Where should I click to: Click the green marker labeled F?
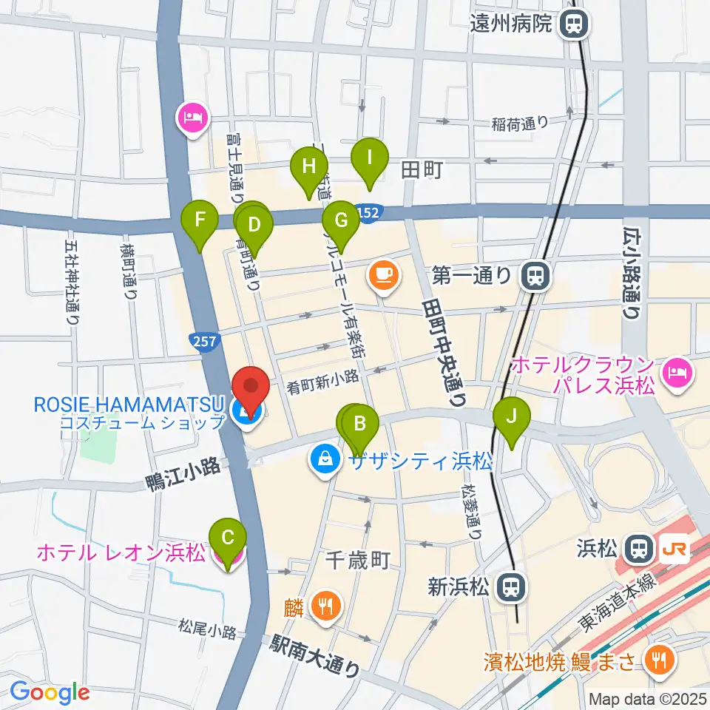199,220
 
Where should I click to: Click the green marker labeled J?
512,417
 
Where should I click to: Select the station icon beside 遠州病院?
572,24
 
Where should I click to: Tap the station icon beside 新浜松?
508,587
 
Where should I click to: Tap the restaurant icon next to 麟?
325,606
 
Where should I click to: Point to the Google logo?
50,692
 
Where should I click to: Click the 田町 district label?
421,171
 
